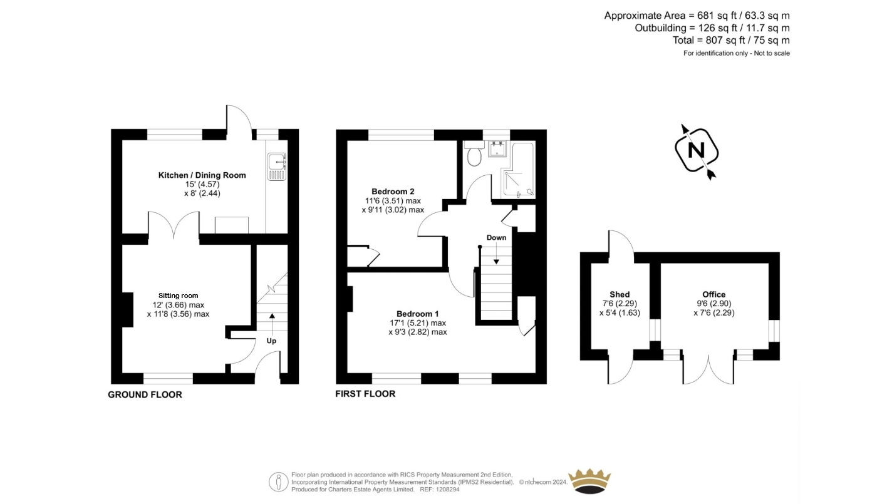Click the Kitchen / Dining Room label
click(202, 175)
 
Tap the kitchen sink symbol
click(277, 167)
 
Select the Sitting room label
click(178, 296)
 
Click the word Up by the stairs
click(271, 341)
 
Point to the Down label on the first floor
click(496, 237)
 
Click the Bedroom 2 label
click(393, 192)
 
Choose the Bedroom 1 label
click(417, 314)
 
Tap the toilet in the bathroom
click(474, 153)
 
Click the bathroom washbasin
click(497, 149)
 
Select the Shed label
click(620, 294)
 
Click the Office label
click(714, 294)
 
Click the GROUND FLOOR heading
click(145, 394)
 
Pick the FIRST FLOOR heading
click(365, 394)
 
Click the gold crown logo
click(589, 481)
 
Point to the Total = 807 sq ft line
click(731, 41)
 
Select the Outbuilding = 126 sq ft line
click(712, 28)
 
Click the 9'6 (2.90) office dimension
click(714, 304)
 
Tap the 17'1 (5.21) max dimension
click(418, 323)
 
